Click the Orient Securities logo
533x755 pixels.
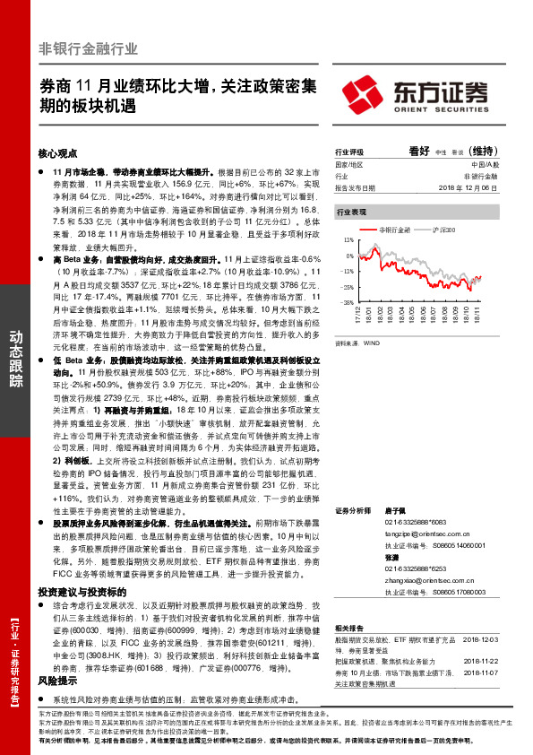(x=416, y=93)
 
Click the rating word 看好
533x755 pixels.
(x=419, y=152)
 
